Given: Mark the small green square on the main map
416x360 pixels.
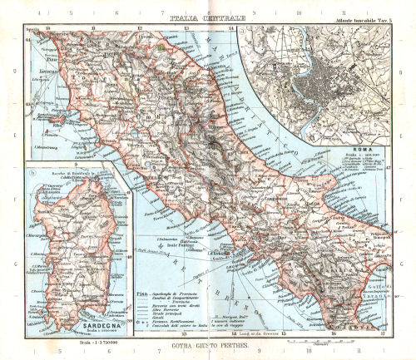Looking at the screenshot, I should [x=156, y=47].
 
